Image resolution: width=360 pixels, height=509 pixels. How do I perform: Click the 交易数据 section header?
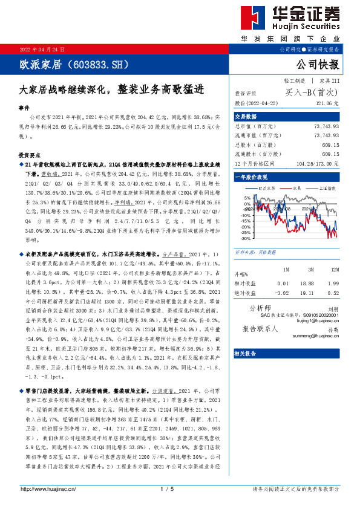tap(246, 116)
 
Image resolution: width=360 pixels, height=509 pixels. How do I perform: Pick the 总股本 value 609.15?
tap(330, 145)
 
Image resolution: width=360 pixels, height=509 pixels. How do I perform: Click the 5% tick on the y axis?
tap(247, 198)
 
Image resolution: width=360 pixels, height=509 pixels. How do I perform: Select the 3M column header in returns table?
tap(310, 269)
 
